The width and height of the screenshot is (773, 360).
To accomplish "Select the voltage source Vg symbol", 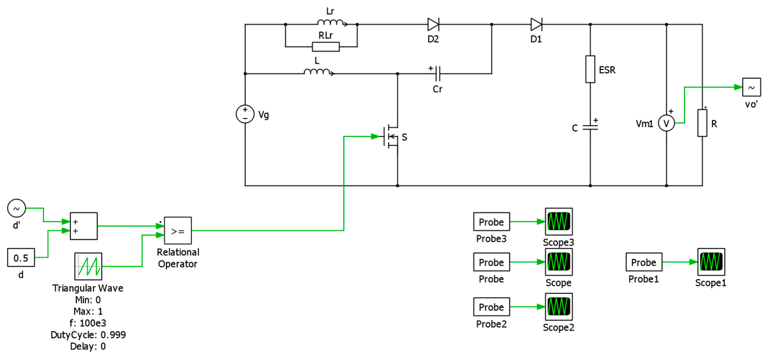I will pos(245,114).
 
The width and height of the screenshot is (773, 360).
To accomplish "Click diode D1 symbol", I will pos(536,24).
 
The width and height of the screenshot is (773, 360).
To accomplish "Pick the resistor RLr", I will pos(326,47).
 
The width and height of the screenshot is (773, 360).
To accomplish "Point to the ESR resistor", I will pos(590,69).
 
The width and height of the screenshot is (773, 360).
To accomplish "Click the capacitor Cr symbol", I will pos(438,74).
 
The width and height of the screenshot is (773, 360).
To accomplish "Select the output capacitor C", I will pos(590,128).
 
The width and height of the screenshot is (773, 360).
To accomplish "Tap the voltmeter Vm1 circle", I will pos(666,123).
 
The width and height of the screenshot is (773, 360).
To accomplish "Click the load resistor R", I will pos(702,123).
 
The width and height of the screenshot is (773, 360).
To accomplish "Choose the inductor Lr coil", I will pos(331,22).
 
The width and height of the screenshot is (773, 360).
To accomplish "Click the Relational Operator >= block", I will pos(178,231).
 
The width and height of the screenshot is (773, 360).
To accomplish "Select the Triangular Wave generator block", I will pos(88,266).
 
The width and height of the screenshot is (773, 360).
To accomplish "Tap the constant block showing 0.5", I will pos(21,258).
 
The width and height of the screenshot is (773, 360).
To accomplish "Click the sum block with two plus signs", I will pos(84,226).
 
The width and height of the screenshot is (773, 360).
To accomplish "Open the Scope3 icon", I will pos(559,222).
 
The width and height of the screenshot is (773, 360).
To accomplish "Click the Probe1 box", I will pos(644,262).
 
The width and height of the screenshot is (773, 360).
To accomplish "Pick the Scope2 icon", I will pos(559,307).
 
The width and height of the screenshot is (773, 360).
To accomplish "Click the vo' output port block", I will pos(751,87).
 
